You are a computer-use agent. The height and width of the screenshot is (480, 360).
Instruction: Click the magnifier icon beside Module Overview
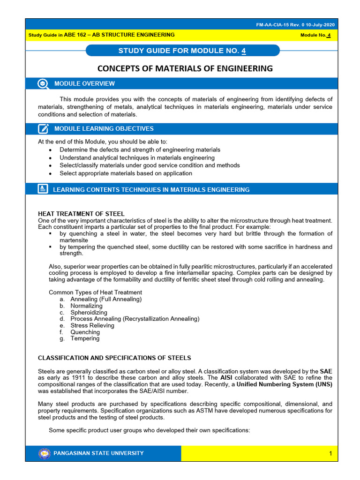[43, 83]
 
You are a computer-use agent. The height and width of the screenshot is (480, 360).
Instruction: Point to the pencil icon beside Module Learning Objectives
[43, 128]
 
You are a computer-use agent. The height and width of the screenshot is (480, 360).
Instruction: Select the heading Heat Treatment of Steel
[81, 214]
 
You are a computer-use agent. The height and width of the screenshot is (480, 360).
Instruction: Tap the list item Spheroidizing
[89, 312]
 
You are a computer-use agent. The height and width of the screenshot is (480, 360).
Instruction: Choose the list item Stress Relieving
[92, 325]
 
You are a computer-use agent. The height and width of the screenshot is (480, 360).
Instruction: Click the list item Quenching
[85, 332]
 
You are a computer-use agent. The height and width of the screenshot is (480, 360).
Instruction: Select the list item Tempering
[85, 338]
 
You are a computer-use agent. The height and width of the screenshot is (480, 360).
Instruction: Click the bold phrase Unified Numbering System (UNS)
[285, 384]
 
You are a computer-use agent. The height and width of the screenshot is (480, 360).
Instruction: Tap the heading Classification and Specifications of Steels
[114, 358]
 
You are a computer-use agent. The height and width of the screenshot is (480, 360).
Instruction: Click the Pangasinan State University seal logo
[44, 453]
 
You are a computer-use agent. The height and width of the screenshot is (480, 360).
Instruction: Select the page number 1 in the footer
[330, 453]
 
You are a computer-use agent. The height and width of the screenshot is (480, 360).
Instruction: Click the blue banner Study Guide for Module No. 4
[184, 51]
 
